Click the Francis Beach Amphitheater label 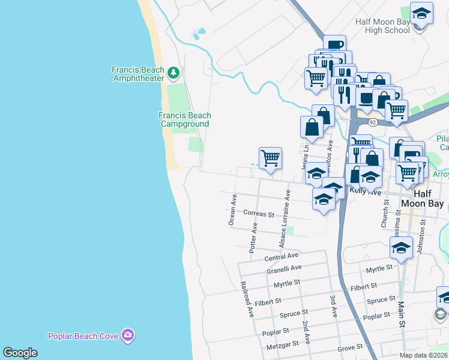pos(137,74)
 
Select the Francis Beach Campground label pos(185,119)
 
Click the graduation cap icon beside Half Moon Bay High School pos(422,14)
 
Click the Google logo pos(20,353)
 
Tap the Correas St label pos(259,213)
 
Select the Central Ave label pos(282,257)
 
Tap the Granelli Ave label pos(284,269)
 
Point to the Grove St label pos(351,347)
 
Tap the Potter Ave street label pos(254,238)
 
